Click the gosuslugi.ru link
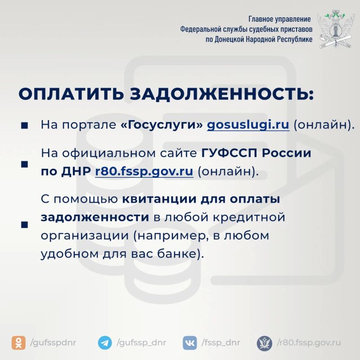pyautogui.click(x=248, y=126)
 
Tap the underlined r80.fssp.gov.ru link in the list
pyautogui.click(x=144, y=171)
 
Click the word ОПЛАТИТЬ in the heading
pyautogui.click(x=71, y=94)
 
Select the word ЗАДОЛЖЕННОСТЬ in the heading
pyautogui.click(x=222, y=94)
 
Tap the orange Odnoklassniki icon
pyautogui.click(x=18, y=343)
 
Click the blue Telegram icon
pyautogui.click(x=105, y=343)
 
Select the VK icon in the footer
pyautogui.click(x=190, y=343)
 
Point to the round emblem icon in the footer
pyautogui.click(x=265, y=343)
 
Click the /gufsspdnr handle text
pyautogui.click(x=53, y=343)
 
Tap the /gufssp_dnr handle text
pyautogui.click(x=141, y=343)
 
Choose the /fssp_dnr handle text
pyautogui.click(x=221, y=343)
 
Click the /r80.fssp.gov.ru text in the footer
pyautogui.click(x=309, y=343)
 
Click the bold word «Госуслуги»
pyautogui.click(x=162, y=125)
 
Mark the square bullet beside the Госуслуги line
pyautogui.click(x=24, y=126)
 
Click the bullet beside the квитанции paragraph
pyautogui.click(x=24, y=225)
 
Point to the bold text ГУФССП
pyautogui.click(x=229, y=153)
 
